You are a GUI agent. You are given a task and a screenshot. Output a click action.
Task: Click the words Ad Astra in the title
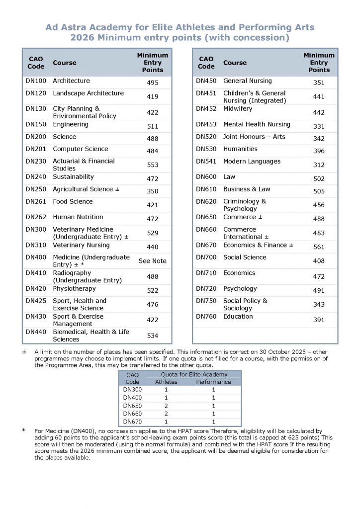(x=64, y=27)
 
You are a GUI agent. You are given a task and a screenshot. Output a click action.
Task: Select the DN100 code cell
(x=35, y=81)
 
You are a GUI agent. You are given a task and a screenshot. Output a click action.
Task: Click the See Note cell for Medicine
(x=152, y=261)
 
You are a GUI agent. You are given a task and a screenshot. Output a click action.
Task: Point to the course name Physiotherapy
(x=74, y=289)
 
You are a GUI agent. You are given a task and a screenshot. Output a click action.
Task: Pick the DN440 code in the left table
(x=35, y=332)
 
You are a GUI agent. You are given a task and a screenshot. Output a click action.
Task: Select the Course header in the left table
(x=65, y=63)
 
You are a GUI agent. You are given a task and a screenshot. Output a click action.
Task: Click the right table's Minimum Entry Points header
(x=319, y=63)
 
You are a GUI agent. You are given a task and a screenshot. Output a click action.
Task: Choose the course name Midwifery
(x=238, y=109)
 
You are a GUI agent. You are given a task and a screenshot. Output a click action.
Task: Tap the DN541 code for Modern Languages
(x=206, y=162)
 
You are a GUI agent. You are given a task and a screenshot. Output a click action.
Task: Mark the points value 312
(x=319, y=165)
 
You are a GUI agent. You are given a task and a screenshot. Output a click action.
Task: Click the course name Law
(x=229, y=177)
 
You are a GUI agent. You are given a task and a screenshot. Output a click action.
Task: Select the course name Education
(x=238, y=317)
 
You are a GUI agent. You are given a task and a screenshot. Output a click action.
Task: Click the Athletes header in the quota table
(x=166, y=382)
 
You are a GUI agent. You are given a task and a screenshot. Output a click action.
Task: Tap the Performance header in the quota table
(x=213, y=382)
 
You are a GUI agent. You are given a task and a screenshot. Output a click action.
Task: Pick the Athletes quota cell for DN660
(x=166, y=414)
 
